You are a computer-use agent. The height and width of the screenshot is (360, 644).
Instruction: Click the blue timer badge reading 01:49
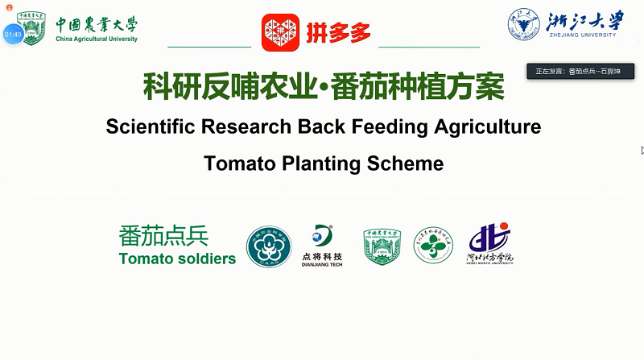(13, 35)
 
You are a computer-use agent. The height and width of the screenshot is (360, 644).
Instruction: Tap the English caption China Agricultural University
(97, 39)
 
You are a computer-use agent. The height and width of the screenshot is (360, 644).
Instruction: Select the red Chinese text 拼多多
(338, 33)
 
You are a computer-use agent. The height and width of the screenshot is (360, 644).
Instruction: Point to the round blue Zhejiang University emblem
(522, 24)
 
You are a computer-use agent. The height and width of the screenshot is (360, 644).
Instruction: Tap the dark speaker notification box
(580, 72)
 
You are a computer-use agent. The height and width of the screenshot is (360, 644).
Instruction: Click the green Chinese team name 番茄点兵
(163, 236)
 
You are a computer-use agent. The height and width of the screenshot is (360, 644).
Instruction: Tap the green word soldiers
(201, 259)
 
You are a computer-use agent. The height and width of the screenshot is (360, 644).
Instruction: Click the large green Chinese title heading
(324, 85)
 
